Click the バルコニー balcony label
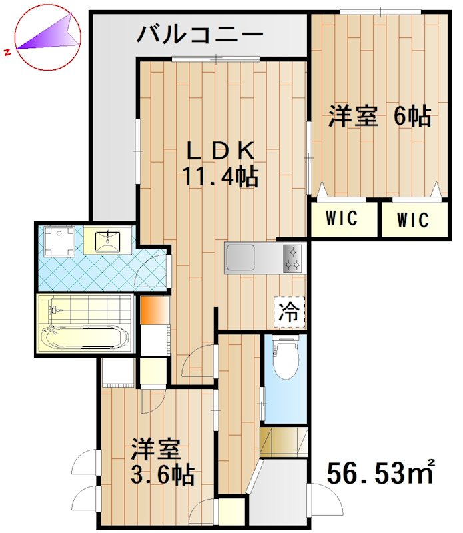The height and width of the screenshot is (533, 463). pos(199,33)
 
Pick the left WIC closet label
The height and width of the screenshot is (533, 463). pos(342,217)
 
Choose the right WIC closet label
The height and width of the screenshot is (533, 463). pos(413,219)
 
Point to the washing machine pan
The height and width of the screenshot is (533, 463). pos(59,241)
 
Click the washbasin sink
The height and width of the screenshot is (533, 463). pos(109,241)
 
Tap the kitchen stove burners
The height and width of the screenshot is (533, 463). pos(292,258)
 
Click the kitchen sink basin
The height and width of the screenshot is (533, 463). pos(246,257)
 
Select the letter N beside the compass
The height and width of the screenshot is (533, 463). pos(6,51)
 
